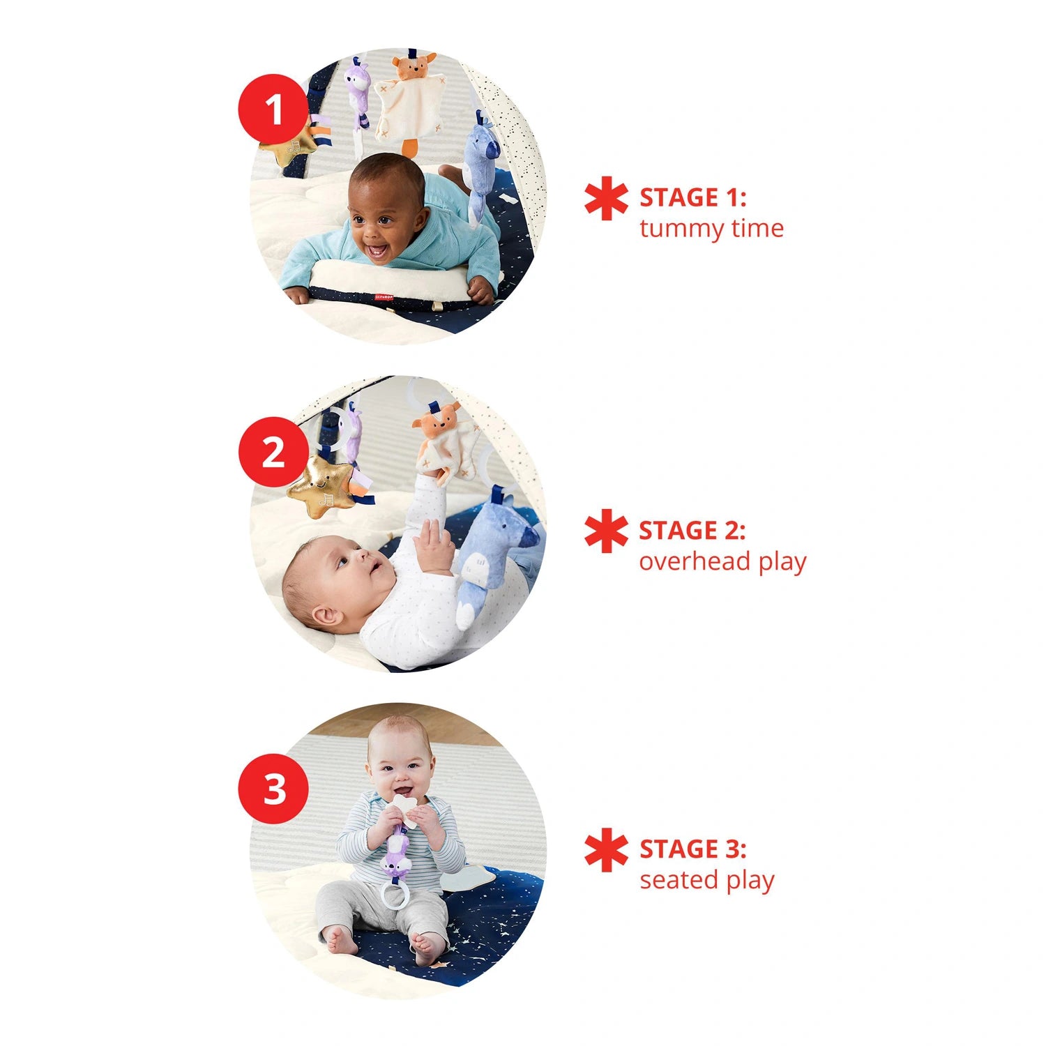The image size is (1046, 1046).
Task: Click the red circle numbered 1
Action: click(x=273, y=109)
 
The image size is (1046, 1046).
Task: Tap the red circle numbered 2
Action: click(x=273, y=452)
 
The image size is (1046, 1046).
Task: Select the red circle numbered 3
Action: click(x=273, y=789)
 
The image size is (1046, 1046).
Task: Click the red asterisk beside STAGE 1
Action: click(x=606, y=198)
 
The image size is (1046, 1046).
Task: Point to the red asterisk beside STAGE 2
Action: click(x=606, y=531)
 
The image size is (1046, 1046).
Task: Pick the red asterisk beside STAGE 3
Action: click(x=606, y=849)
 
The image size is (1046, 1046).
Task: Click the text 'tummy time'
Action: click(x=711, y=229)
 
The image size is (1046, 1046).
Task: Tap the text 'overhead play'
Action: click(x=722, y=562)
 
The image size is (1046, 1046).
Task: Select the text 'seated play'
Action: click(x=707, y=881)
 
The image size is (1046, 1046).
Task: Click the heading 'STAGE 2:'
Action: click(x=692, y=531)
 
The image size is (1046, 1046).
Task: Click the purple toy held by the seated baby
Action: click(x=395, y=854)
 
